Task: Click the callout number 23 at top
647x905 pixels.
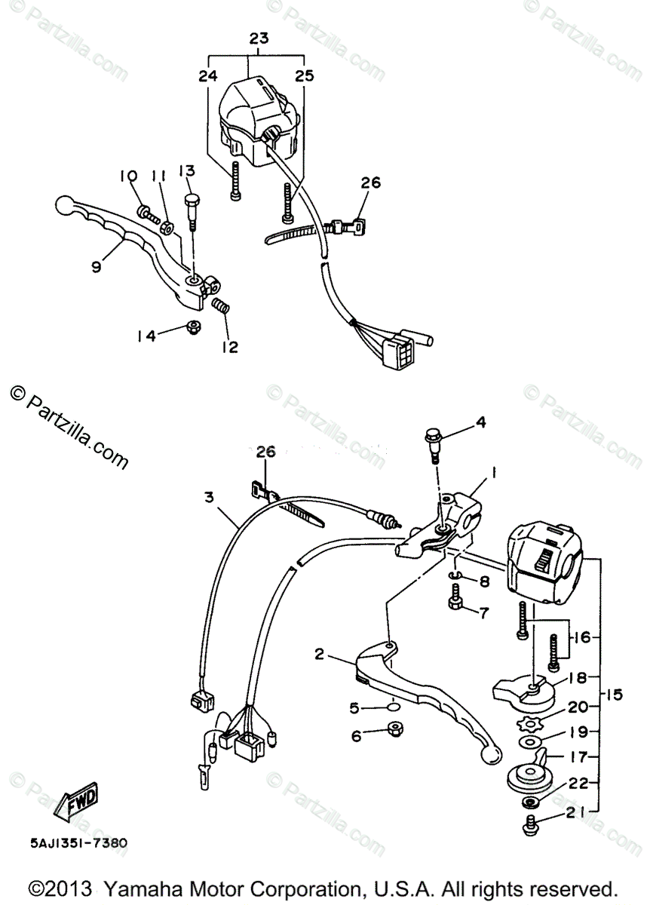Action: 258,38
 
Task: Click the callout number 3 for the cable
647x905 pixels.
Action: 209,497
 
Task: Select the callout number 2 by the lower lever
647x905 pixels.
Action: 319,654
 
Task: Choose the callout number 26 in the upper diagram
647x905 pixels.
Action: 370,182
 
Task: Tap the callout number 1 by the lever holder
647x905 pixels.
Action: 494,473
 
